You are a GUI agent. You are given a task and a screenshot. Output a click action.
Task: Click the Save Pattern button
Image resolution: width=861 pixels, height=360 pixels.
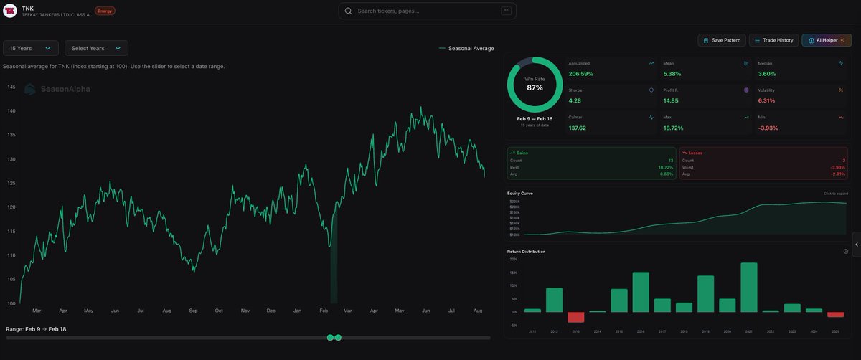click(722, 40)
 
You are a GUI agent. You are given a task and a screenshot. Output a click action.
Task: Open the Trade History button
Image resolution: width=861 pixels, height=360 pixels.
click(773, 40)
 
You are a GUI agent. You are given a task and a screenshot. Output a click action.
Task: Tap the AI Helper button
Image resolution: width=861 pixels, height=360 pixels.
click(826, 40)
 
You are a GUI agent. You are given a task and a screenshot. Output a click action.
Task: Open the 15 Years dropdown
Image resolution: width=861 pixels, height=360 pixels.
click(30, 48)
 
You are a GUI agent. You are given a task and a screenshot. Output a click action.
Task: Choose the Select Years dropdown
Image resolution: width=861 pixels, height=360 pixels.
click(96, 48)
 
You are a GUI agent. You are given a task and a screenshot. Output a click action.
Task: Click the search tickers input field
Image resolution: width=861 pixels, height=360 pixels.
click(428, 11)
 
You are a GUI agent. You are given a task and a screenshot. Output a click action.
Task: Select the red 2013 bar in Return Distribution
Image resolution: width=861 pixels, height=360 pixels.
click(576, 317)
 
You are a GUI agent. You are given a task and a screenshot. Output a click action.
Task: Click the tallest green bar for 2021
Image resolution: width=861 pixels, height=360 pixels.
click(749, 287)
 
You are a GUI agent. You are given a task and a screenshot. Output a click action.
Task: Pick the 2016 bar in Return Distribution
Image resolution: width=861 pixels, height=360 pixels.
click(641, 292)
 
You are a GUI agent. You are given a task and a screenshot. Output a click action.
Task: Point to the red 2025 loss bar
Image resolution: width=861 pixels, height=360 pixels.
click(835, 314)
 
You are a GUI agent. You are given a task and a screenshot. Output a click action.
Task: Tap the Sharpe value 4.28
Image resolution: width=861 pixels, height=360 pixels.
click(575, 101)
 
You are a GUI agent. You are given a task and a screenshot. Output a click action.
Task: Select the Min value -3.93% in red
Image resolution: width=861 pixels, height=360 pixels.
click(769, 128)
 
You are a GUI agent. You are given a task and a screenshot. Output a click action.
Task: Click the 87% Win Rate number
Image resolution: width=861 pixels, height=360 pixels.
click(535, 87)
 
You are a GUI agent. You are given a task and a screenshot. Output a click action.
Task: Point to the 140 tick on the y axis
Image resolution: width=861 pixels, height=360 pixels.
click(11, 111)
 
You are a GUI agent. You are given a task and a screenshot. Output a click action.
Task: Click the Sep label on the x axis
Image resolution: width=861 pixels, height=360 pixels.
click(193, 311)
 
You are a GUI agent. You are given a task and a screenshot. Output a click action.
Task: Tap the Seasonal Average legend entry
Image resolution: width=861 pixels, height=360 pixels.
click(471, 48)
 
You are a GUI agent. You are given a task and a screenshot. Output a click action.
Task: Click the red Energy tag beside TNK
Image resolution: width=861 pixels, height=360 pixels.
click(105, 11)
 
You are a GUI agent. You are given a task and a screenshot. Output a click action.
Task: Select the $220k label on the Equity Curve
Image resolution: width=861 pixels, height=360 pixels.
click(514, 202)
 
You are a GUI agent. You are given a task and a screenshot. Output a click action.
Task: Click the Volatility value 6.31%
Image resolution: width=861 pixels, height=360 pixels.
click(766, 101)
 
